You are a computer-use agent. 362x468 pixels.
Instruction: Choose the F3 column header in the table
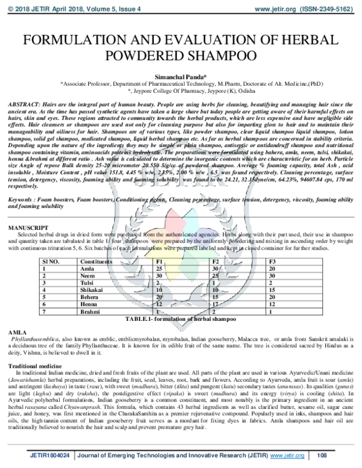pos(273,262)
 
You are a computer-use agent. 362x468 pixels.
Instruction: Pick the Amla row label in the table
pos(87,269)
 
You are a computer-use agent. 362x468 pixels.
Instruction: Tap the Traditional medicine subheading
pos(36,366)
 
